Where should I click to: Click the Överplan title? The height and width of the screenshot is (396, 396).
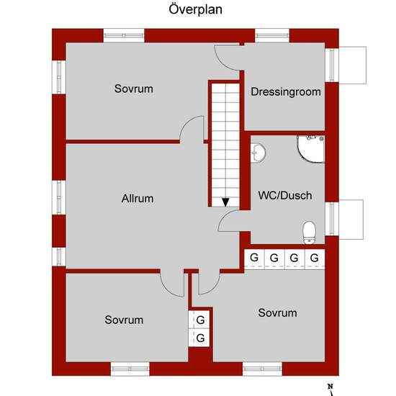195,9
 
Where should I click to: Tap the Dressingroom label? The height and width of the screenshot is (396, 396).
286,91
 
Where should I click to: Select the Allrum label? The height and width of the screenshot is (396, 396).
138,199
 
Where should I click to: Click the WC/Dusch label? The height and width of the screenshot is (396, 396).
285,195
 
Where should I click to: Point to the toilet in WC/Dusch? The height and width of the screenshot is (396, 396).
310,233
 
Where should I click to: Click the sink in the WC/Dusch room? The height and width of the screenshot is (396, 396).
258,153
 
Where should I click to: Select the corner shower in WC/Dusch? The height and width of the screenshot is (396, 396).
311,149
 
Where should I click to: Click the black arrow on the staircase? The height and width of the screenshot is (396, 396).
225,202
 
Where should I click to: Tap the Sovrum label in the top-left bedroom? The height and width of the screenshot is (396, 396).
134,89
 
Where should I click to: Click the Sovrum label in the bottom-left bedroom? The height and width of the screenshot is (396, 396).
124,320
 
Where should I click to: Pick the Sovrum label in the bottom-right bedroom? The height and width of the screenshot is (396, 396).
277,313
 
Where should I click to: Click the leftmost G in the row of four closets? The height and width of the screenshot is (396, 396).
254,258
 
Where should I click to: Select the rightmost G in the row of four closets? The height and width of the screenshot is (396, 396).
314,258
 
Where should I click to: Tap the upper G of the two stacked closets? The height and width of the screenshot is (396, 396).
200,320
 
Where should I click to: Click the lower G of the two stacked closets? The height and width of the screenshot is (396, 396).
200,338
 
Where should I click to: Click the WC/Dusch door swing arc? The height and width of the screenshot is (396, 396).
223,217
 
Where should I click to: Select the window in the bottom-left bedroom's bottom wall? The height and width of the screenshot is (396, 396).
130,369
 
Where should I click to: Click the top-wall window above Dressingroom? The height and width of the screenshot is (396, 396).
272,35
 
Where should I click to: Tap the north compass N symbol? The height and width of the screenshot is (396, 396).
330,387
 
